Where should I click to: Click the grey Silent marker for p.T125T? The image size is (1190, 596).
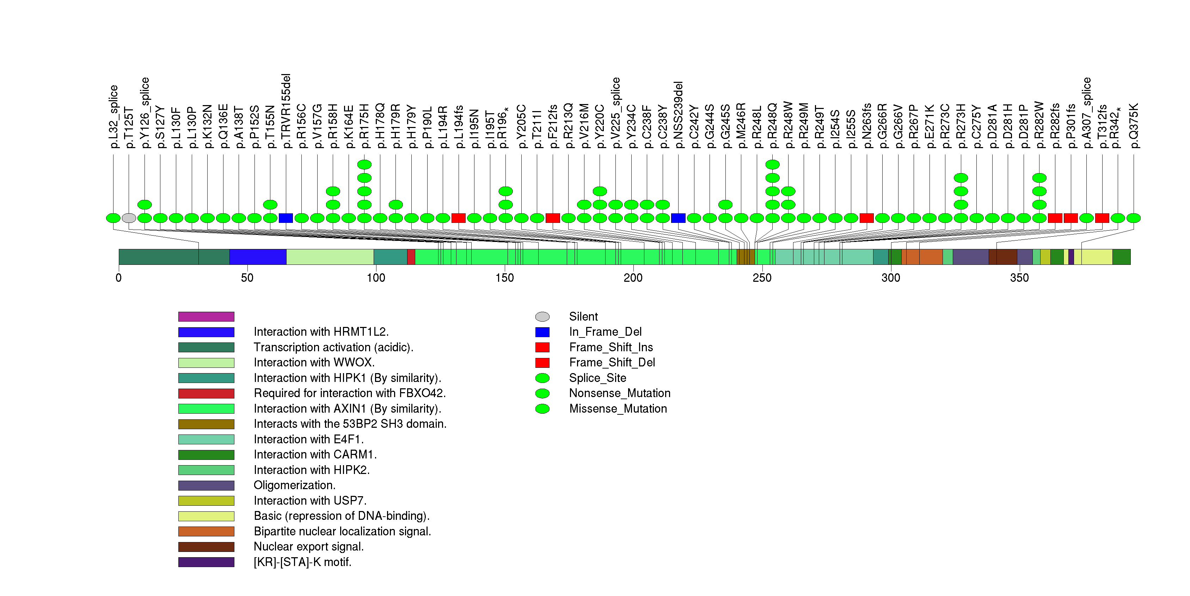point(129,218)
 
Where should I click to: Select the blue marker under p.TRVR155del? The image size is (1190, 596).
point(286,218)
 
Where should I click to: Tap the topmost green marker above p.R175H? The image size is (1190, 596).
point(364,164)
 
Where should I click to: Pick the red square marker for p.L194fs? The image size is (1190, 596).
point(459,218)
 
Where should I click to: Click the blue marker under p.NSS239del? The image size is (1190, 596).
point(678,218)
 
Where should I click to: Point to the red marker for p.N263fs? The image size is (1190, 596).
point(867,218)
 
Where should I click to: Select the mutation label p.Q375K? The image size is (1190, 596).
point(1134,126)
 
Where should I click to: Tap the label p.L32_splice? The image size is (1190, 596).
point(114,116)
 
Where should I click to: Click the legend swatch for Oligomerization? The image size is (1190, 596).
point(206,486)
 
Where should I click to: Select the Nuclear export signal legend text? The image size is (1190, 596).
point(308,547)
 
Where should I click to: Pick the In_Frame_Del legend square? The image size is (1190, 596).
point(542,332)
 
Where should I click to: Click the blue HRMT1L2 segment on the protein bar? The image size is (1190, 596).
point(258,257)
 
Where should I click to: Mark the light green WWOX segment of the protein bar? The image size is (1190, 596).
point(330,257)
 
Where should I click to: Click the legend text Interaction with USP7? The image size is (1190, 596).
point(310,501)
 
